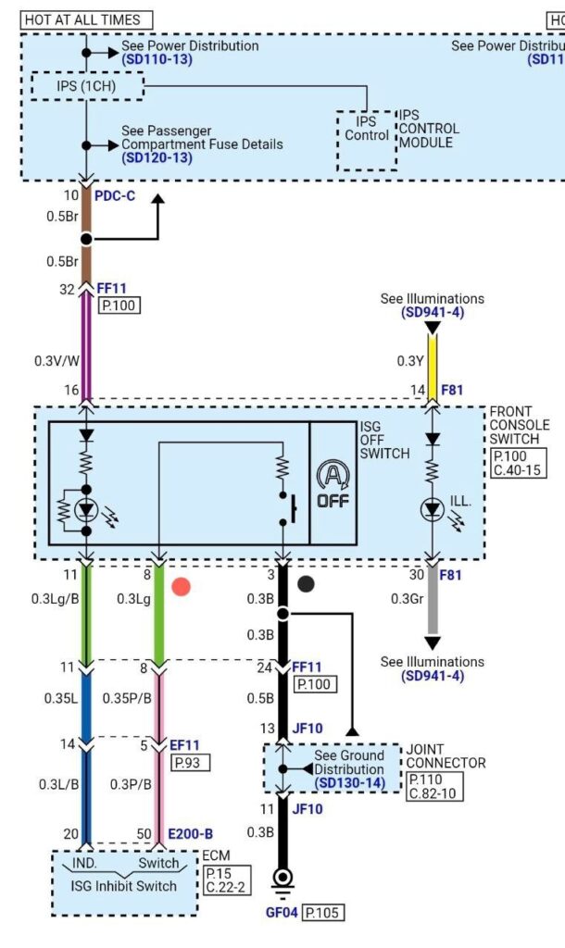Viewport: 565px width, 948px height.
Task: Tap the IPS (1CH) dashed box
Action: pyautogui.click(x=87, y=86)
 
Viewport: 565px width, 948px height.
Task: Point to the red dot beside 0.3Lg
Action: pyautogui.click(x=182, y=585)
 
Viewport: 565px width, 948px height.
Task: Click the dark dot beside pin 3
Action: pyautogui.click(x=306, y=584)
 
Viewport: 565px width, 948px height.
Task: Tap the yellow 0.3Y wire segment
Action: pyautogui.click(x=432, y=359)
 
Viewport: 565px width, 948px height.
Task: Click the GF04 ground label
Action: pyautogui.click(x=282, y=912)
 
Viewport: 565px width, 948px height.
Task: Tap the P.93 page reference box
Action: pyautogui.click(x=191, y=763)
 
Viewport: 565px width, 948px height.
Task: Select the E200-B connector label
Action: pyautogui.click(x=190, y=834)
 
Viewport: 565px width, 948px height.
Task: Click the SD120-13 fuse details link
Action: pyautogui.click(x=157, y=157)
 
